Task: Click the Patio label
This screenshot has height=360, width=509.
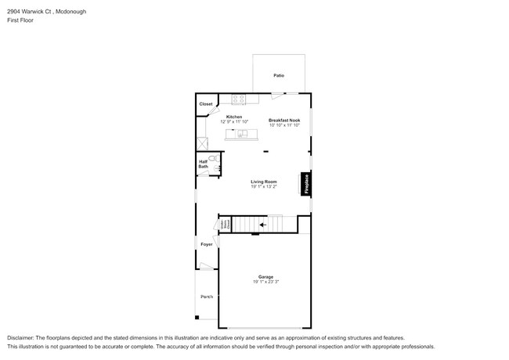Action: coord(278,75)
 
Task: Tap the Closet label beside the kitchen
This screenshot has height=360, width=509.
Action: coord(205,103)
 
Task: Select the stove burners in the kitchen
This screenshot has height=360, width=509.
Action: coord(239,99)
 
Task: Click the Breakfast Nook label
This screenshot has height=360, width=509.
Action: coord(284,120)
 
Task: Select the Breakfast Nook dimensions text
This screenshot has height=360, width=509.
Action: coord(284,125)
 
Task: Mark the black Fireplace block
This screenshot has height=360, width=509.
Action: coord(306,184)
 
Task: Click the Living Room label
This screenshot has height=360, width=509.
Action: coord(264,182)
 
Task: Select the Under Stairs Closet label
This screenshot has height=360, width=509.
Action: coord(224,225)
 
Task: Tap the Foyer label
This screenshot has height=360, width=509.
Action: coord(207,244)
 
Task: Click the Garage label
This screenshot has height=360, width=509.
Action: coord(265,276)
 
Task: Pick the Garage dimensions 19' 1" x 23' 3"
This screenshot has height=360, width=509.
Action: coord(265,282)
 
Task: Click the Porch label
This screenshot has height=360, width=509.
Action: coord(207,297)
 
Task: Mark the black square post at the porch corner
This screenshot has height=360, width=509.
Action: coord(197,317)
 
